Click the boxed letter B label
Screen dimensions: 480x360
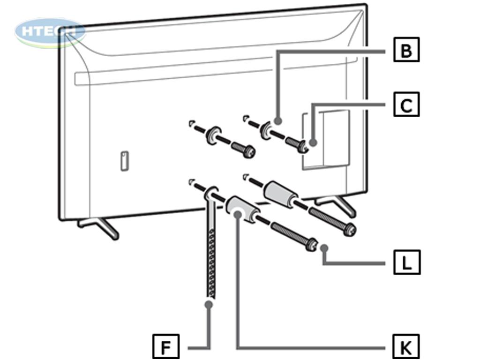pyautogui.click(x=406, y=50)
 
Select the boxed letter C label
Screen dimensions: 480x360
pyautogui.click(x=406, y=105)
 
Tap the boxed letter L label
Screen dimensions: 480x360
pyautogui.click(x=406, y=262)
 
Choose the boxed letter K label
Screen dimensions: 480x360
pyautogui.click(x=406, y=347)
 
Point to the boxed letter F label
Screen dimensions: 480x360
pyautogui.click(x=166, y=347)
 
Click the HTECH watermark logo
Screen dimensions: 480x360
pyautogui.click(x=50, y=32)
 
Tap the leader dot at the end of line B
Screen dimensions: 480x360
pyautogui.click(x=277, y=121)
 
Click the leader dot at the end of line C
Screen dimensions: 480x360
pyautogui.click(x=313, y=142)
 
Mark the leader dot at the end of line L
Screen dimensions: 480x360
pyautogui.click(x=324, y=248)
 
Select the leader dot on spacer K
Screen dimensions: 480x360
pyautogui.click(x=238, y=214)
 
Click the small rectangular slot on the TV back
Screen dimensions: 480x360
pyautogui.click(x=124, y=161)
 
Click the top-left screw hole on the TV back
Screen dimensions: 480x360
pyautogui.click(x=192, y=123)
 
